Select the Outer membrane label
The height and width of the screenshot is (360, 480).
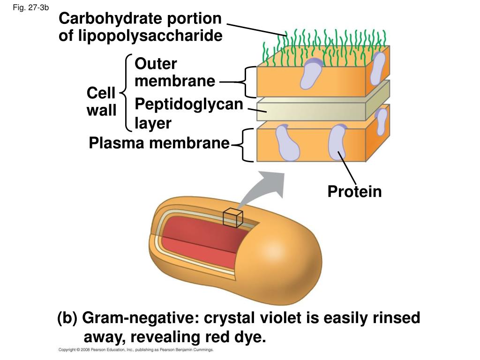pos(174,73)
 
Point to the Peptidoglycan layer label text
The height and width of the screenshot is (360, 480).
pos(189,113)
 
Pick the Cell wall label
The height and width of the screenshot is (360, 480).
pos(101,102)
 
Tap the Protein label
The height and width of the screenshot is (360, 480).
pos(354,191)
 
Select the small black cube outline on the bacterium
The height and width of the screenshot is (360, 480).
pos(232,217)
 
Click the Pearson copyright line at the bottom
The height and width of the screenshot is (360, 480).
pos(136,350)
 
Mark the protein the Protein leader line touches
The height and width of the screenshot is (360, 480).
pos(337,143)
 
